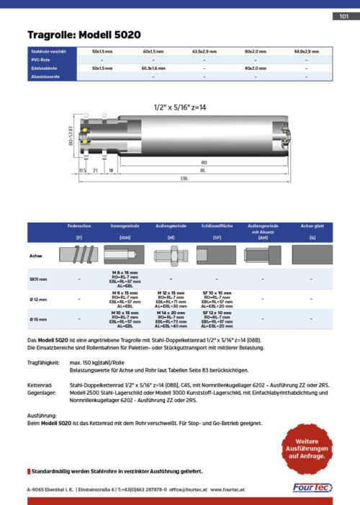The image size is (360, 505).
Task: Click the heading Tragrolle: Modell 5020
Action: pos(84,35)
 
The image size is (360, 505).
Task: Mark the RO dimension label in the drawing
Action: pos(204,163)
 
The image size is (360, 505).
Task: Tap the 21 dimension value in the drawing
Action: pos(95,170)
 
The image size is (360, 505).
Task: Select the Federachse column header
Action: pos(79,226)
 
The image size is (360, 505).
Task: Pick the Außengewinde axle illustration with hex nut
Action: pos(171,255)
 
